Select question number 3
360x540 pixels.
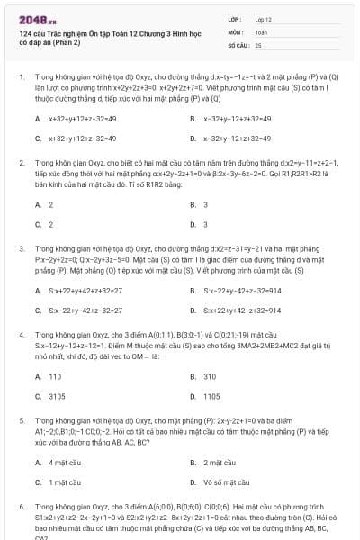[x=21, y=247]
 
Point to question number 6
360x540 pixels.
[x=21, y=507]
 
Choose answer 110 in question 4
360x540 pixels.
[x=55, y=376]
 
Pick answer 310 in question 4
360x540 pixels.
[x=210, y=376]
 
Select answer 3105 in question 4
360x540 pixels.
[x=57, y=396]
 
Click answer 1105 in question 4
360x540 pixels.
[x=211, y=396]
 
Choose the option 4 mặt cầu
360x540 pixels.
[x=64, y=463]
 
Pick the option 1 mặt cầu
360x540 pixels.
[x=64, y=481]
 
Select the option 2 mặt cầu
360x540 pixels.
[x=220, y=463]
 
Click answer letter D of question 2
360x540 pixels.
[x=193, y=224]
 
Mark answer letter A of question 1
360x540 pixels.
[x=38, y=119]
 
